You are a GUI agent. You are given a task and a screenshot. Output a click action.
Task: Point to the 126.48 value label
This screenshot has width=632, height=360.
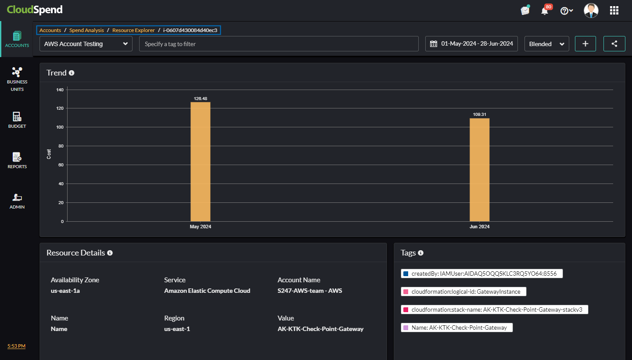click(200, 98)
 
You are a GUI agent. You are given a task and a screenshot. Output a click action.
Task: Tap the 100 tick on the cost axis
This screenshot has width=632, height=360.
click(60, 127)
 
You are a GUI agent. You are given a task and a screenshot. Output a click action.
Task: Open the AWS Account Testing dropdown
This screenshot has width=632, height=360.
click(86, 44)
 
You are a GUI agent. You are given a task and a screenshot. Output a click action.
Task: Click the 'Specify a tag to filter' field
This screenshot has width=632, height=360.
click(279, 44)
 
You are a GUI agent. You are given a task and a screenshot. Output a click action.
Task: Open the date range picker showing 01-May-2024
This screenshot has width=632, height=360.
click(471, 44)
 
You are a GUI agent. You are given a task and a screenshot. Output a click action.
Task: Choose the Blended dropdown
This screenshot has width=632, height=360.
click(546, 44)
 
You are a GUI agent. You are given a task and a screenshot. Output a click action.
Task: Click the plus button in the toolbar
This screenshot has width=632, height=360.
click(585, 44)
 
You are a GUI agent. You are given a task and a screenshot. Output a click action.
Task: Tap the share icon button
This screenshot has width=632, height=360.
click(614, 44)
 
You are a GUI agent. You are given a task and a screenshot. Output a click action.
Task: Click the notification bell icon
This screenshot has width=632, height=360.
click(545, 11)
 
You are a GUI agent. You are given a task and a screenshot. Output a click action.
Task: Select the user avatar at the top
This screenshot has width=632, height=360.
click(591, 11)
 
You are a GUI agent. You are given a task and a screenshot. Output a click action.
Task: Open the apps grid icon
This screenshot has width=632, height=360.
click(614, 11)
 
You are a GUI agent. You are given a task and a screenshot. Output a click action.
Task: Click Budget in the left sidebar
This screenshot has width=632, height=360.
click(17, 120)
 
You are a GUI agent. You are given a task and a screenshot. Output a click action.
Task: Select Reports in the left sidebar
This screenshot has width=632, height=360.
click(17, 160)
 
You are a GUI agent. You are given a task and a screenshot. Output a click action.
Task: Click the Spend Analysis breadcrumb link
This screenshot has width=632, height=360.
click(86, 30)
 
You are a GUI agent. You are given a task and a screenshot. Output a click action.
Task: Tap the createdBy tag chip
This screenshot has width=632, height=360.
click(481, 274)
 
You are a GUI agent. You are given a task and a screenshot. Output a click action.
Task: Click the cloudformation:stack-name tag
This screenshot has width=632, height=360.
click(494, 310)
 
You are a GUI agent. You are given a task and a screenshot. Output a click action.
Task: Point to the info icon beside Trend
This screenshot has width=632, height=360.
click(72, 73)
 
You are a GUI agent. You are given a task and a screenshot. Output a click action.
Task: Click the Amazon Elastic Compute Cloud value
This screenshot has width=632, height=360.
click(207, 291)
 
